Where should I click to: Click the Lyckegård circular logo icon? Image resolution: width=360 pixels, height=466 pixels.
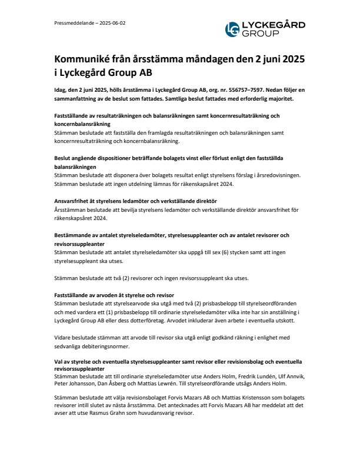(233, 29)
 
